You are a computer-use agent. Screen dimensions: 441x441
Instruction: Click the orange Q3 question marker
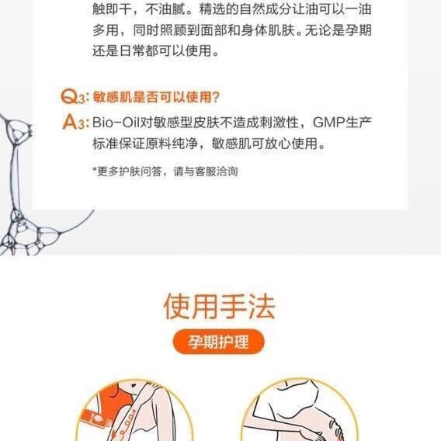[x=75, y=98]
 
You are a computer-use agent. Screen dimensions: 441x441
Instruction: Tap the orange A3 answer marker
[x=75, y=122]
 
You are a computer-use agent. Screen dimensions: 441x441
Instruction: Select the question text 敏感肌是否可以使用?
[x=156, y=98]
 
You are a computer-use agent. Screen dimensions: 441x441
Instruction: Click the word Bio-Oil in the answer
[x=113, y=122]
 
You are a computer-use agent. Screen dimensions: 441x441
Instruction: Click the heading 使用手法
[x=220, y=306]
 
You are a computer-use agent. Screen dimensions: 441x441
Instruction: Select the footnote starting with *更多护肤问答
[x=164, y=171]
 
